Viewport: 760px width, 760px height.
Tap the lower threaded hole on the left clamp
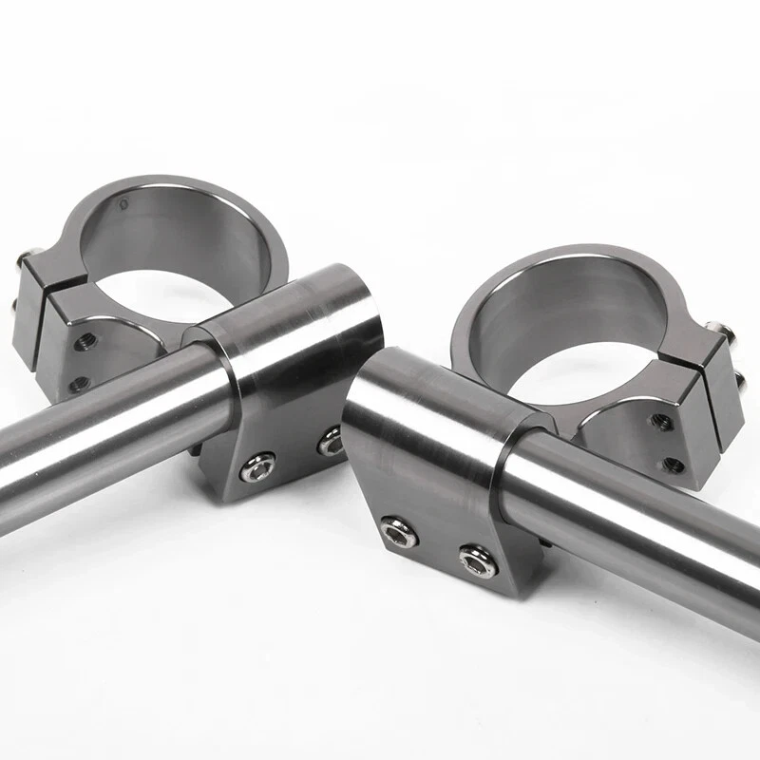(80, 385)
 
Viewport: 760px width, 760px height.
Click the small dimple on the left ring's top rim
(122, 202)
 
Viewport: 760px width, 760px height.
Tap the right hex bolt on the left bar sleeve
(330, 440)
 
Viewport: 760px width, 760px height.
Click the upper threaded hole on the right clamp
(661, 421)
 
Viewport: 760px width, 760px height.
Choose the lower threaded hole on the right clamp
(674, 465)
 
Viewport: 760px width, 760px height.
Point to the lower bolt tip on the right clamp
(742, 381)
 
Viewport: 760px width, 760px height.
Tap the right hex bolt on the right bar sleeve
(476, 561)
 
